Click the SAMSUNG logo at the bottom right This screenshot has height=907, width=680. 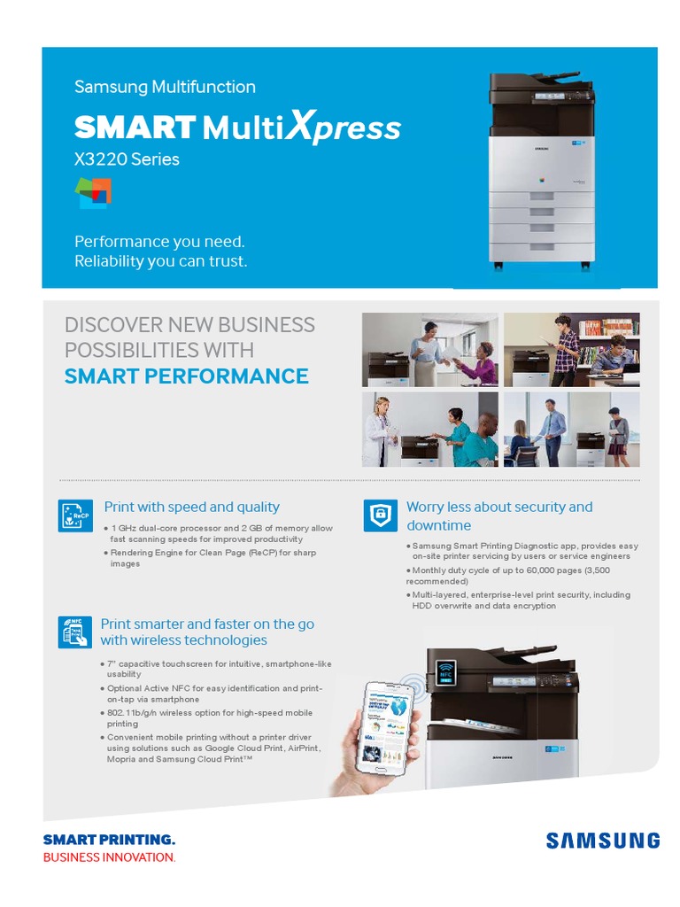click(x=602, y=841)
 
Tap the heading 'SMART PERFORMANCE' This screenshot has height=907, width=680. click(x=186, y=376)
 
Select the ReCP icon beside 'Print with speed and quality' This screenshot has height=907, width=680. click(x=75, y=516)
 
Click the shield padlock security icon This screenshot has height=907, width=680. click(x=381, y=516)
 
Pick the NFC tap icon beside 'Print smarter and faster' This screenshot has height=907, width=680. click(x=75, y=632)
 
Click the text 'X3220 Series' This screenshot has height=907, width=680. click(x=127, y=159)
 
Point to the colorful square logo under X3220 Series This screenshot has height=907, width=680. click(x=93, y=193)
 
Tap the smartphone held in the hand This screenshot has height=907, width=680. click(x=387, y=727)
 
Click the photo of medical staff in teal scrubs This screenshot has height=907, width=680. click(x=429, y=430)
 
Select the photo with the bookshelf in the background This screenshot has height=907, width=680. click(x=571, y=349)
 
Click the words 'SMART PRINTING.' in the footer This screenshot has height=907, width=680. click(x=109, y=840)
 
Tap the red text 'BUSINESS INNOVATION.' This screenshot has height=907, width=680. click(x=109, y=857)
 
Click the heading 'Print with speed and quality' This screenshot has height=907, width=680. click(x=192, y=507)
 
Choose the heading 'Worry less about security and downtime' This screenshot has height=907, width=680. click(x=499, y=516)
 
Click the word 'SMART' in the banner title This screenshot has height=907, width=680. click(x=135, y=128)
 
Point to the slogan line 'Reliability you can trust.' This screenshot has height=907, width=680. click(x=161, y=261)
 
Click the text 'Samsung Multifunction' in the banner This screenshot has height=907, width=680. click(x=165, y=87)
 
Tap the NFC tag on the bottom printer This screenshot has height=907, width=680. click(x=446, y=673)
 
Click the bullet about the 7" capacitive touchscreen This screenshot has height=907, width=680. click(x=219, y=669)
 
